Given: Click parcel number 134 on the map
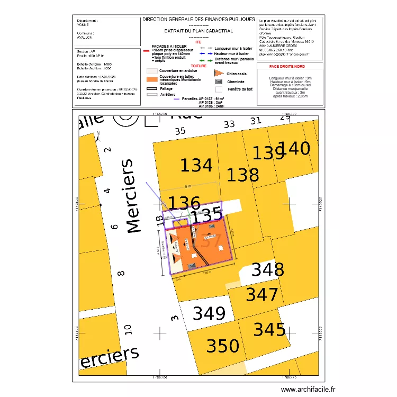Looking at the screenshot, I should [x=196, y=166].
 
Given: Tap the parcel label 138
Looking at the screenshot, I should [x=242, y=175].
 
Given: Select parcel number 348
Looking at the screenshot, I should [x=267, y=270].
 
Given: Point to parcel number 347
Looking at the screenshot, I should [x=261, y=294].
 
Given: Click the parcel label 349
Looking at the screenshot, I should [x=209, y=313].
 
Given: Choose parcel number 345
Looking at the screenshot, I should [x=269, y=330].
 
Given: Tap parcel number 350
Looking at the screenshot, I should [x=222, y=346].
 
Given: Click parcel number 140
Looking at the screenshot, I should [x=294, y=149].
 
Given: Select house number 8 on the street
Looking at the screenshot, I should [x=121, y=274].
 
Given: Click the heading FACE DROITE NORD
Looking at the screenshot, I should [x=290, y=67].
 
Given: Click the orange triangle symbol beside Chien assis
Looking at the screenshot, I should [x=218, y=74].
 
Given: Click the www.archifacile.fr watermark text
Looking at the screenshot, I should [x=308, y=389].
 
